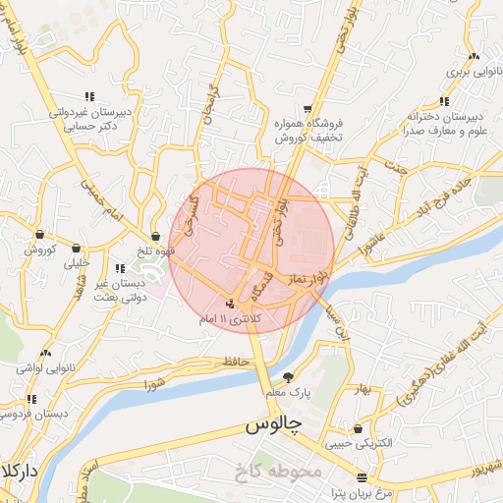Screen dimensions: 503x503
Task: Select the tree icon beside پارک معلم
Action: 288,377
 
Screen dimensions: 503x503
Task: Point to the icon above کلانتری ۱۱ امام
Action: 229,304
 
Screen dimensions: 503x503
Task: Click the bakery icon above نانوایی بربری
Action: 474,56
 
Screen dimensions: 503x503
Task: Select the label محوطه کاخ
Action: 279,471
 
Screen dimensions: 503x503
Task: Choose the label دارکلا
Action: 19,471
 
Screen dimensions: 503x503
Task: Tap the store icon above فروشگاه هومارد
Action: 308,108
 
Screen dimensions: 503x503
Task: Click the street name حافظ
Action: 233,363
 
